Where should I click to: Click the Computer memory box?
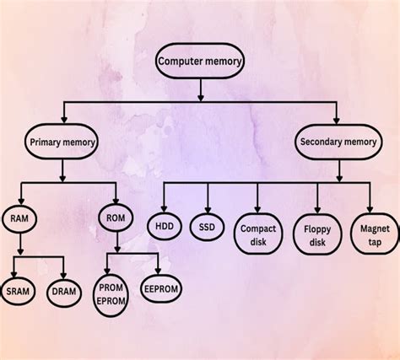coord(200,61)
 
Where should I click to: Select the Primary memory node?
coord(60,142)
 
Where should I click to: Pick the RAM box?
coord(19,218)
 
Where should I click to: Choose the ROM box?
coord(116,218)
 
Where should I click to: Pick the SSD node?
coord(207,227)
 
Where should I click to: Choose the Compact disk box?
coord(258,234)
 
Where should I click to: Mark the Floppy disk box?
coord(316,234)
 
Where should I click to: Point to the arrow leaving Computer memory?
coord(200,89)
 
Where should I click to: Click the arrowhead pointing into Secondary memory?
coord(338,121)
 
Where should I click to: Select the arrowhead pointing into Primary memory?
coord(62,121)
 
